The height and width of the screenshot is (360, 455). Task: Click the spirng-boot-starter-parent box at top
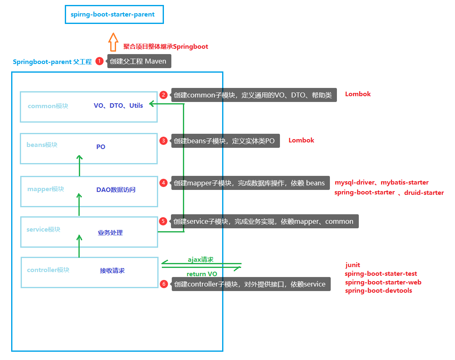click(x=114, y=14)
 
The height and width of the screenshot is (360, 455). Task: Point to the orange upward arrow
click(x=114, y=43)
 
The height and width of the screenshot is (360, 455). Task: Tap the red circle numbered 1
click(x=99, y=61)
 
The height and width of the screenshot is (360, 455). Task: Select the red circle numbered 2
click(x=164, y=95)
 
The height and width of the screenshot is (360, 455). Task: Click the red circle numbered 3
click(x=164, y=141)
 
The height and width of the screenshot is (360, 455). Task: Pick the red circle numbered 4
click(x=164, y=183)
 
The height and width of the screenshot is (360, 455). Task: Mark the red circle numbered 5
click(x=164, y=221)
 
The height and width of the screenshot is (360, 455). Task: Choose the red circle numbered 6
click(x=164, y=284)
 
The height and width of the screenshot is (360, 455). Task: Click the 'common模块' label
click(x=48, y=106)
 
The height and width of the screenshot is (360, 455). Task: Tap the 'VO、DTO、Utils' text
click(x=118, y=106)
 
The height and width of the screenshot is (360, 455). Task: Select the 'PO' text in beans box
click(x=101, y=147)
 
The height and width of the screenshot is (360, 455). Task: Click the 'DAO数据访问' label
click(x=116, y=190)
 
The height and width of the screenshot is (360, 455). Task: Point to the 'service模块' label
click(x=43, y=229)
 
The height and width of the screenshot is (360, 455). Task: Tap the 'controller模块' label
click(x=48, y=270)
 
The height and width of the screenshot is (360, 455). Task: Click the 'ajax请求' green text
click(x=201, y=260)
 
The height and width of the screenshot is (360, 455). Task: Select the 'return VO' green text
click(x=201, y=274)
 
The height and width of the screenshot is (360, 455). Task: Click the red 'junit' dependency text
click(x=353, y=265)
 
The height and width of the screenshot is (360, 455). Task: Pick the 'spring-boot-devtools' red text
click(x=379, y=291)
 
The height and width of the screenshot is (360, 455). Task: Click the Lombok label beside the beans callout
click(x=301, y=140)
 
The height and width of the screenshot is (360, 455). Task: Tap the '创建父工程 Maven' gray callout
click(x=139, y=62)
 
